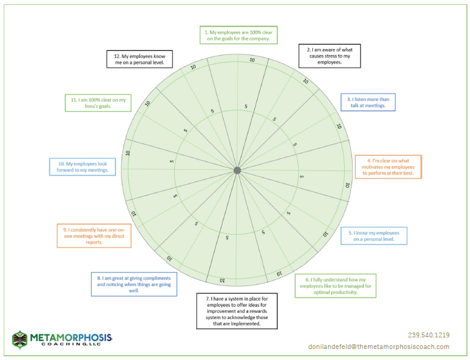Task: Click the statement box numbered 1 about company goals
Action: (x=238, y=35)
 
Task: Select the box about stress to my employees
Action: (x=329, y=56)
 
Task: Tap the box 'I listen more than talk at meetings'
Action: (x=368, y=102)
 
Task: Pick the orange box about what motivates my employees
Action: (x=388, y=167)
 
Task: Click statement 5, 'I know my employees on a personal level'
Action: (x=374, y=236)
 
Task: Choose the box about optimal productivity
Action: (x=336, y=285)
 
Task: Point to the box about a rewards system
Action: (x=237, y=311)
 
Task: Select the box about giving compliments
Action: (x=134, y=284)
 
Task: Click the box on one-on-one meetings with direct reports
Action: (x=94, y=236)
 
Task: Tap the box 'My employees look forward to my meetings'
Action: (x=83, y=167)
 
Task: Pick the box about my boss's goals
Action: (x=98, y=103)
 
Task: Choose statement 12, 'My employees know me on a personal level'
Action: (x=140, y=59)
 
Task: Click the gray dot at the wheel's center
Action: (x=237, y=171)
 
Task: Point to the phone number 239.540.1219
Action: (x=428, y=335)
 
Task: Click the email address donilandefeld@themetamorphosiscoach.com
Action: (x=379, y=347)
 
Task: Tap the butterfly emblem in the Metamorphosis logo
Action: (x=20, y=340)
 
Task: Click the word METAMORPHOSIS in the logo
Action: (x=71, y=338)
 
